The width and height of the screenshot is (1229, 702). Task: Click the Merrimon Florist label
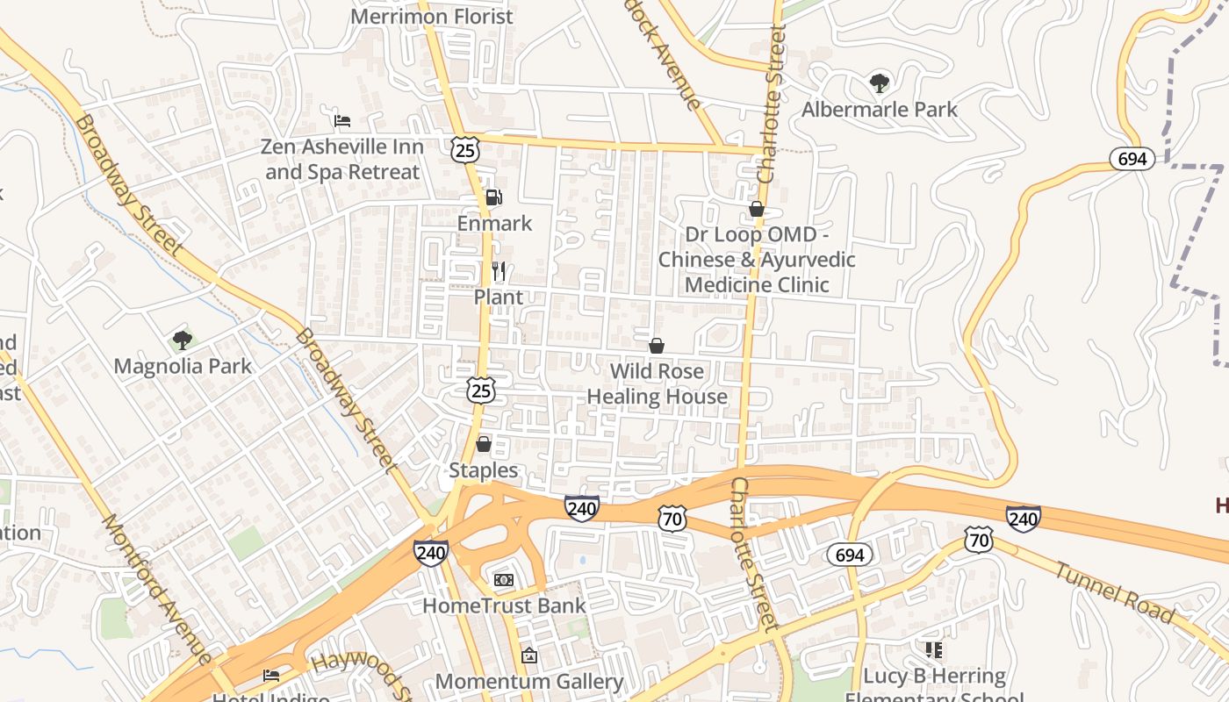(432, 16)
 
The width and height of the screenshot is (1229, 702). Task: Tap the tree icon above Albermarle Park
(879, 83)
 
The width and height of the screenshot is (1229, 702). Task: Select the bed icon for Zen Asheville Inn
(342, 120)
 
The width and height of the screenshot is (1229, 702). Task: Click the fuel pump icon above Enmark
(494, 197)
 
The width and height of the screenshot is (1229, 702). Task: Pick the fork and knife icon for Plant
(499, 270)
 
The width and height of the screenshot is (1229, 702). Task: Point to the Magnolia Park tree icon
(183, 340)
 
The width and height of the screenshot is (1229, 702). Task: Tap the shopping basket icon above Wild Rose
(656, 346)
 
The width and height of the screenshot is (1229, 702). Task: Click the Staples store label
(483, 470)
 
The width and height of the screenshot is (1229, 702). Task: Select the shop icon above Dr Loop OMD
(756, 209)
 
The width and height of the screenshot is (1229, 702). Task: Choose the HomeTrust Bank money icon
(503, 580)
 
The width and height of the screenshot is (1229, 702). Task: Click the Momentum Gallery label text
(528, 682)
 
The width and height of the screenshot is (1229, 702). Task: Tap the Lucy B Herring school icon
(933, 650)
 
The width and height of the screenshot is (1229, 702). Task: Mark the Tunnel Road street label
(1113, 592)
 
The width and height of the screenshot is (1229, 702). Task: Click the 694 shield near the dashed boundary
(1132, 159)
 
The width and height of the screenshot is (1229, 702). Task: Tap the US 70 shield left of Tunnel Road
(978, 540)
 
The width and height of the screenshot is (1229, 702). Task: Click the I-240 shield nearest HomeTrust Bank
(430, 553)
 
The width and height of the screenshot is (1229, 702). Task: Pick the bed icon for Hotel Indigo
(271, 675)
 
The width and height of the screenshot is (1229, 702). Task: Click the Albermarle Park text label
(879, 110)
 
